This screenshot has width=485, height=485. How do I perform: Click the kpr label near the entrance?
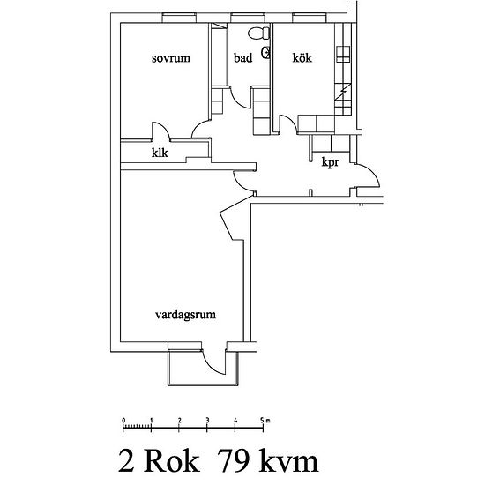tap(331, 164)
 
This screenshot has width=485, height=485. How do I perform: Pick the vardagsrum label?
tap(186, 313)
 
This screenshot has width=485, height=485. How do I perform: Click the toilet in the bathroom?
tap(257, 34)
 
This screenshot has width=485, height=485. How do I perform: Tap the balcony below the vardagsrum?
tap(202, 371)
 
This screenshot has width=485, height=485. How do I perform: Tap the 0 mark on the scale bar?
tap(123, 419)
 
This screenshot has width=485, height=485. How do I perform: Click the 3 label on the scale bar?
tap(207, 419)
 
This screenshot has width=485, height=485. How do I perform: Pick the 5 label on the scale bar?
tap(263, 419)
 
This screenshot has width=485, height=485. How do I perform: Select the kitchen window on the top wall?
tap(307, 17)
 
